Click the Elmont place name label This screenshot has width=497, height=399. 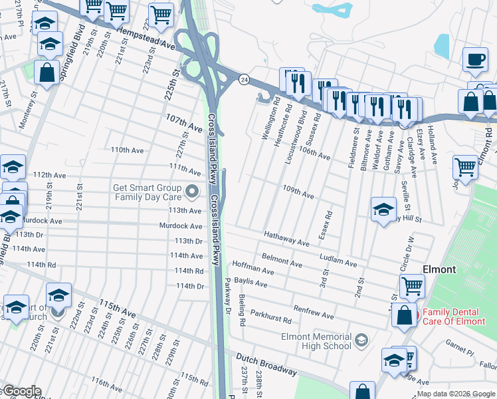pyautogui.click(x=439, y=269)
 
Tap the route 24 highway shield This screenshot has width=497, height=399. pyautogui.click(x=244, y=79)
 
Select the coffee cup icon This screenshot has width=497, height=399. pyautogui.click(x=475, y=59)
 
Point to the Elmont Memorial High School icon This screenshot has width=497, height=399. pyautogui.click(x=361, y=341)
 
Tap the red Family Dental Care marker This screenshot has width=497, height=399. pyautogui.click(x=417, y=314)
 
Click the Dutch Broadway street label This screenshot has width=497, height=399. pyautogui.click(x=266, y=364)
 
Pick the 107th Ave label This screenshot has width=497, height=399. pyautogui.click(x=183, y=122)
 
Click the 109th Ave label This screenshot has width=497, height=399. pyautogui.click(x=298, y=192)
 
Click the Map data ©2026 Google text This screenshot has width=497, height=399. pyautogui.click(x=456, y=394)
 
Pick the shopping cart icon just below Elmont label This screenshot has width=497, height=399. pyautogui.click(x=412, y=287)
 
